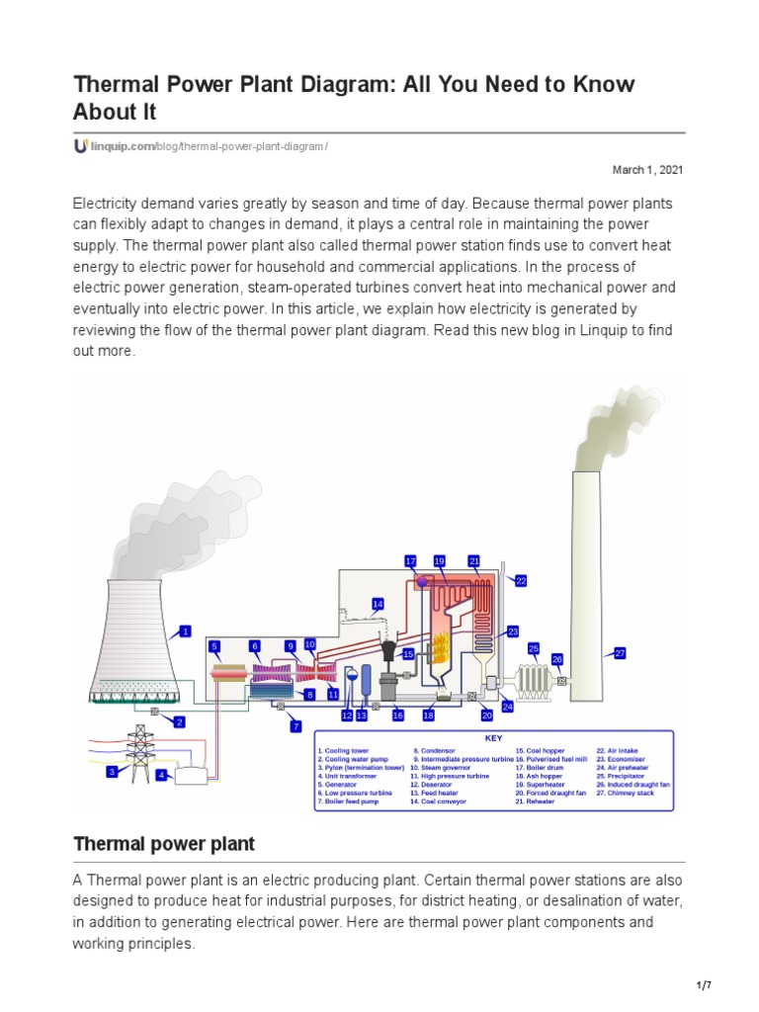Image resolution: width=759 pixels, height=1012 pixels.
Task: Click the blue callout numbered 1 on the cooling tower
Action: tap(184, 631)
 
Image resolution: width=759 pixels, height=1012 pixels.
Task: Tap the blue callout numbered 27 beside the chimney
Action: tap(621, 653)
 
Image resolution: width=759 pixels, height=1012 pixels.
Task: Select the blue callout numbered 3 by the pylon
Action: tap(113, 771)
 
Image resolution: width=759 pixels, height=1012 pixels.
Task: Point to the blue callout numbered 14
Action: tap(378, 603)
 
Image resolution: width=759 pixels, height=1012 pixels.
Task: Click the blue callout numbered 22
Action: tap(521, 581)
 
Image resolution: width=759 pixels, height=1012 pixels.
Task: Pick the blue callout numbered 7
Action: tap(295, 726)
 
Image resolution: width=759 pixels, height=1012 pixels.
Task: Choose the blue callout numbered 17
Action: tap(411, 561)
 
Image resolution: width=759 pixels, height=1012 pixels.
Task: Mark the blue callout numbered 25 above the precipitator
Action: tap(534, 648)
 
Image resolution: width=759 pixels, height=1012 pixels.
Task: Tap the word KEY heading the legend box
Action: tap(493, 738)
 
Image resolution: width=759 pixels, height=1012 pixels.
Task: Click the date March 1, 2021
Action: tap(647, 170)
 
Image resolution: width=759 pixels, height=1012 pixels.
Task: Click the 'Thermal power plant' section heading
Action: tap(164, 844)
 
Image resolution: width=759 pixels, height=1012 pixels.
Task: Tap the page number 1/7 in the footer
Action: tap(705, 986)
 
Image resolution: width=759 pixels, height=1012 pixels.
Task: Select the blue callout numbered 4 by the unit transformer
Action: tap(161, 776)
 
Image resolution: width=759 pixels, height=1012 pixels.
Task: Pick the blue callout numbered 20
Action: tap(487, 715)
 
